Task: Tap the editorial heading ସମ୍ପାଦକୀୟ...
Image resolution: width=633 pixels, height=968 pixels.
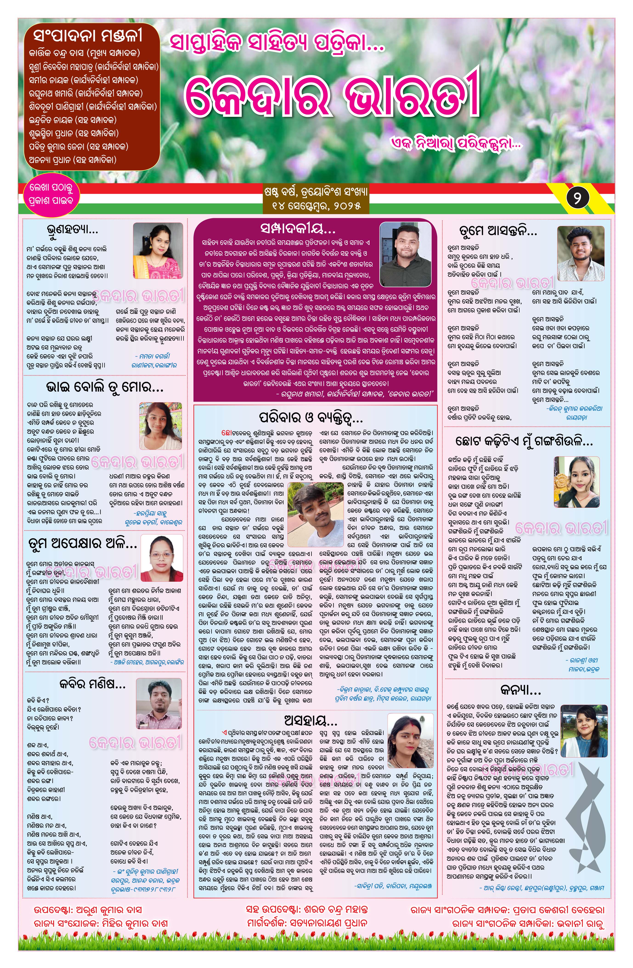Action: click(x=298, y=229)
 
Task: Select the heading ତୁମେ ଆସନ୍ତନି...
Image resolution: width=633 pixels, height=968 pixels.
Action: click(x=498, y=231)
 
